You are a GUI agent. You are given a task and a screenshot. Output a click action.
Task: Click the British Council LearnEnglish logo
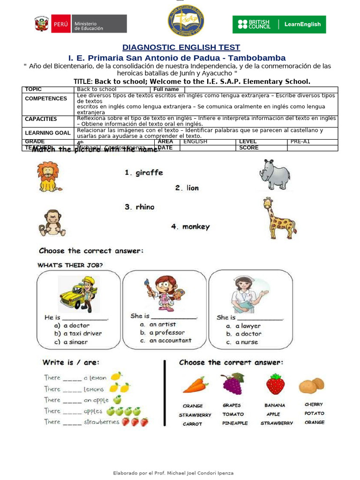pos(279,24)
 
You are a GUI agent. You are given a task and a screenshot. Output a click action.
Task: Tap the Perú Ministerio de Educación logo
pos(81,24)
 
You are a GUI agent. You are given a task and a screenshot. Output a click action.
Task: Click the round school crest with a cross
pos(186,19)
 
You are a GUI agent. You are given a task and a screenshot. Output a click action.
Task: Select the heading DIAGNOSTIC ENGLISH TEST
pos(181,47)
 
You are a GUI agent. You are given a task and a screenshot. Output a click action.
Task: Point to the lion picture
pos(49,177)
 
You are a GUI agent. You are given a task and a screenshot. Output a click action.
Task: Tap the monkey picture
pos(52,223)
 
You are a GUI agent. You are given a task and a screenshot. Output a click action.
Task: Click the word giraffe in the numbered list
pos(149,173)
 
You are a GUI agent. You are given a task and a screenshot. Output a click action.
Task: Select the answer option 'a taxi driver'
pos(82,334)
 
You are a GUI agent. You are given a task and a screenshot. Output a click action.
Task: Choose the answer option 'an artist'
pos(162,324)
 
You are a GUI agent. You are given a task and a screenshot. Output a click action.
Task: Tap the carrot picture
pos(195,385)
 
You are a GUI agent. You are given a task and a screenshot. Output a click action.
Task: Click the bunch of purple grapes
pos(233,383)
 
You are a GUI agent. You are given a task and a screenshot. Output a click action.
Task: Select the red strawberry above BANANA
pos(275,384)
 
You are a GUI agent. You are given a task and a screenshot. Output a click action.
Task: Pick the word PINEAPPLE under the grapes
pos(235,423)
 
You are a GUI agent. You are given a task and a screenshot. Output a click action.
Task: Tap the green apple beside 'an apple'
pos(117,400)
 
